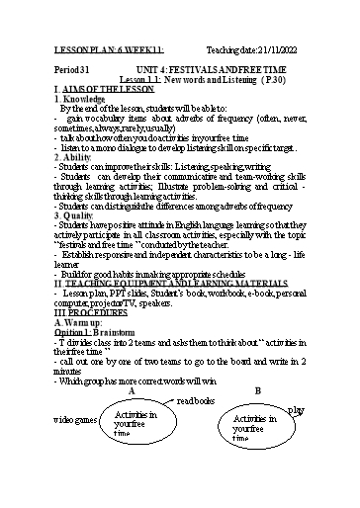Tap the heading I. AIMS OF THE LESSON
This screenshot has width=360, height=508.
(92, 89)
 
